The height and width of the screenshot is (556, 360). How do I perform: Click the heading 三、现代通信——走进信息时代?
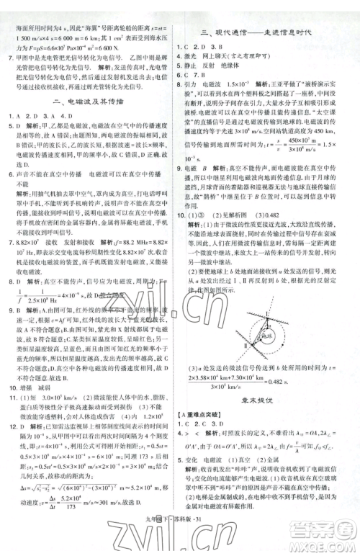(x=270, y=33)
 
